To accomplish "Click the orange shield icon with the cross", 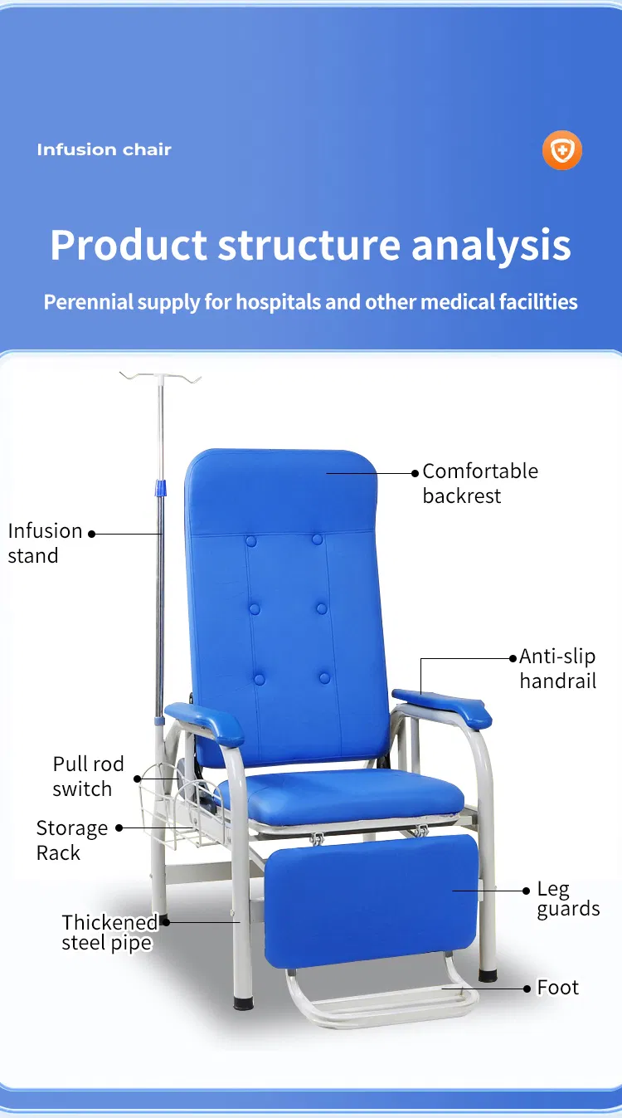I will coord(562,151).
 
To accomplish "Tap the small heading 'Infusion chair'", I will coord(104,150).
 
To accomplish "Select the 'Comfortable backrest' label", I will coord(479,483).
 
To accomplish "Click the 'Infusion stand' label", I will coord(45,543).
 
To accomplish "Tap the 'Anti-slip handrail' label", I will coord(557,669).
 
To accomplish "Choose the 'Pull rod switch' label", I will coord(88,776).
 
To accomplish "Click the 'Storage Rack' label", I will coord(71,840).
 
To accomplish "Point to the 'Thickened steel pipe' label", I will coord(109,932).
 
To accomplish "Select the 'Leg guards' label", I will coord(567,899).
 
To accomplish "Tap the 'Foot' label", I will coord(557,988).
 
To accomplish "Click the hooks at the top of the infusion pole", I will coord(161,378).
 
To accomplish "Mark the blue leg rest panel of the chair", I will coord(371,901).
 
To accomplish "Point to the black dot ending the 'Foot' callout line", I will coord(527,988).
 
